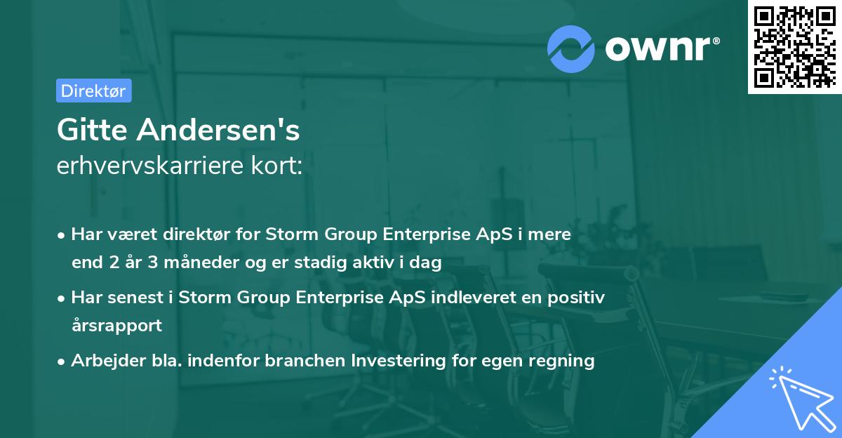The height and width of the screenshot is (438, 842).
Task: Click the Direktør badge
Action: tap(93, 91)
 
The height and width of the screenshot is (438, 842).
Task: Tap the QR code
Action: tap(794, 47)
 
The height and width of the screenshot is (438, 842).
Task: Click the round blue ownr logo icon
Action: tap(571, 48)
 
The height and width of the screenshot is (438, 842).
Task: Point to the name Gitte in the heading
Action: tap(93, 130)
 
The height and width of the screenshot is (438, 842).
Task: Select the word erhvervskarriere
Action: tap(152, 166)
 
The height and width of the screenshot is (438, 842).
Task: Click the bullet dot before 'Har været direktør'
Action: tap(62, 235)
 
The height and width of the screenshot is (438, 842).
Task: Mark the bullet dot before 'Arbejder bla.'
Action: tap(62, 361)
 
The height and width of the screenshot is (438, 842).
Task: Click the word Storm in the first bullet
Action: tap(281, 234)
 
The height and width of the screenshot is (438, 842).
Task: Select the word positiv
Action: tap(577, 298)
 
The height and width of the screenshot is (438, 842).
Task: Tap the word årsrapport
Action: tap(116, 326)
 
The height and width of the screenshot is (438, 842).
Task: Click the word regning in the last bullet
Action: tap(564, 361)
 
